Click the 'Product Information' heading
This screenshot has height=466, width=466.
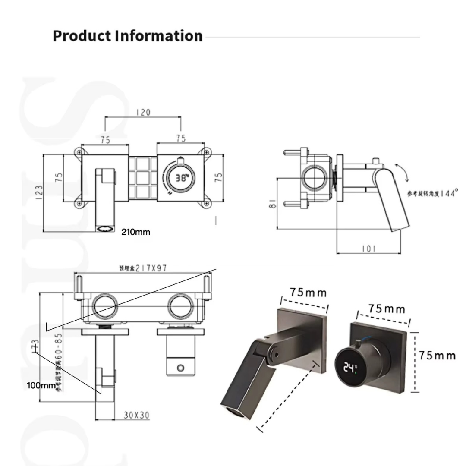pyautogui.click(x=128, y=36)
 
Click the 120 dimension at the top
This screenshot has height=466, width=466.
pyautogui.click(x=143, y=112)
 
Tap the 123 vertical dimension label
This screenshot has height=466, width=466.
pyautogui.click(x=39, y=192)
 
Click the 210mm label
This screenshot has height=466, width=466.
pyautogui.click(x=135, y=232)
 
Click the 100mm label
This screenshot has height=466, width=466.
pyautogui.click(x=41, y=385)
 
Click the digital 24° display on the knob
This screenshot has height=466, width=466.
pyautogui.click(x=350, y=368)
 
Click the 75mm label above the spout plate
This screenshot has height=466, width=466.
pyautogui.click(x=308, y=293)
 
